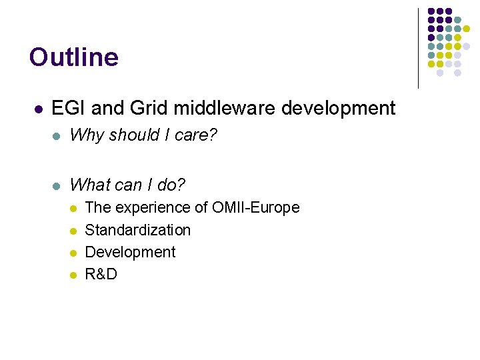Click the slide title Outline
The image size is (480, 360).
point(74,57)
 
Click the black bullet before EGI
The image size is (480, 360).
point(39,109)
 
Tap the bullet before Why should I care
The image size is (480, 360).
point(57,136)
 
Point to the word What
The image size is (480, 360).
point(90,183)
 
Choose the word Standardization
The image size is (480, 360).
point(138,230)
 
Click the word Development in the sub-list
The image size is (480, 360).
point(131,252)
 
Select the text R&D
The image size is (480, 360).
point(101,274)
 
